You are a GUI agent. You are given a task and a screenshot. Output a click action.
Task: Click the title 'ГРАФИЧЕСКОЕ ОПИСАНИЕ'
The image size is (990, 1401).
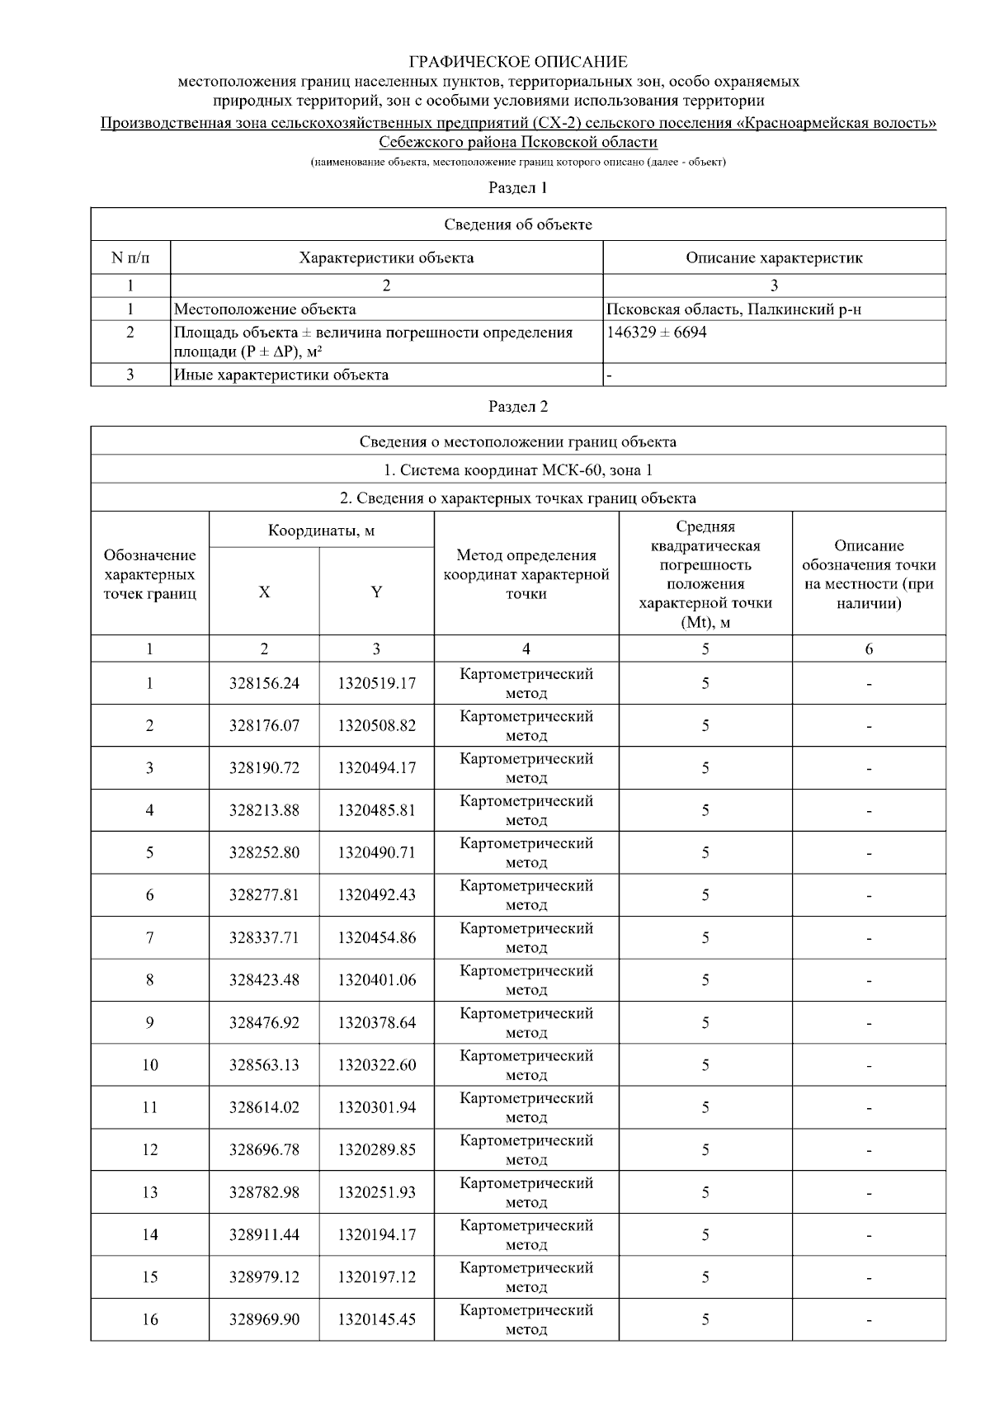(x=518, y=62)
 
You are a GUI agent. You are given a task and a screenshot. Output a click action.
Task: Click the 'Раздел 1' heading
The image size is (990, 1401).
(x=518, y=187)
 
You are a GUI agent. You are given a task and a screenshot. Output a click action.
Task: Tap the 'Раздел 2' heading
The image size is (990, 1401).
(x=518, y=406)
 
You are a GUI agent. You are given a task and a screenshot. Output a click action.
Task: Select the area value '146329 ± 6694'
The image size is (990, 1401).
(x=657, y=333)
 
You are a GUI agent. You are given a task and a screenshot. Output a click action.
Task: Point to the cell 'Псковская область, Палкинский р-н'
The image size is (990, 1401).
(x=734, y=309)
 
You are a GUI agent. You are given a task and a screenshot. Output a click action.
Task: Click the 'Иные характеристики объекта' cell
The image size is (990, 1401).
(x=281, y=375)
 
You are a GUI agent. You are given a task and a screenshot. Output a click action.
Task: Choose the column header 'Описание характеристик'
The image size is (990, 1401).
(x=774, y=257)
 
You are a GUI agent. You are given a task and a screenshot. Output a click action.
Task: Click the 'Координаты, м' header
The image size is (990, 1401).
(x=321, y=531)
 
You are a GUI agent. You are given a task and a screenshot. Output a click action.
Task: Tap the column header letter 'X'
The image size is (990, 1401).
(x=264, y=592)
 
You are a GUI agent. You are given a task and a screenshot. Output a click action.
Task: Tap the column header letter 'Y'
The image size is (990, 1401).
(x=376, y=592)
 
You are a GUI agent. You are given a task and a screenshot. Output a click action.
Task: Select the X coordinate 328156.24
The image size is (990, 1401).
(x=264, y=683)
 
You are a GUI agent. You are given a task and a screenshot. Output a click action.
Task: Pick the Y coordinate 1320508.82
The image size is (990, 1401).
(x=376, y=726)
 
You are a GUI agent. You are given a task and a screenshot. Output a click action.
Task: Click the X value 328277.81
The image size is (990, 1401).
(x=264, y=895)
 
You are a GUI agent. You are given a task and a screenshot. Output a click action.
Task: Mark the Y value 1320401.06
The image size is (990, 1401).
(x=376, y=980)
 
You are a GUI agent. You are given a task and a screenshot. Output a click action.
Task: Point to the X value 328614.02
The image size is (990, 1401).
(x=264, y=1107)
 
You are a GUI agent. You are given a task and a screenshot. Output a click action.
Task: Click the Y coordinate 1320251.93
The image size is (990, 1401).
(x=376, y=1192)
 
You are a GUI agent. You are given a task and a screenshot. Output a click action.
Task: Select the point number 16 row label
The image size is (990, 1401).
(x=149, y=1319)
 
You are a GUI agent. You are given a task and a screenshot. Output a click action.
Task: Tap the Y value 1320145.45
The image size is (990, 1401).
(x=376, y=1319)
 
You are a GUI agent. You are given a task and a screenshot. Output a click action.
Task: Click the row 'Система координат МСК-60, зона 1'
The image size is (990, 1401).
(x=518, y=470)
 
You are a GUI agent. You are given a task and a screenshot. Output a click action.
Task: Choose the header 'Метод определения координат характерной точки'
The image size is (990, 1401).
(x=526, y=574)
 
